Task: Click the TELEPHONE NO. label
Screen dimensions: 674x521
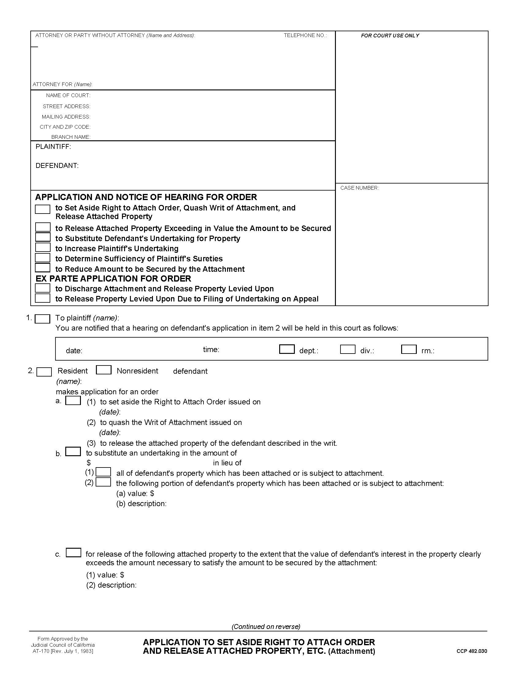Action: [x=305, y=36]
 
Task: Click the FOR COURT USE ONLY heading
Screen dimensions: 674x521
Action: [x=390, y=36]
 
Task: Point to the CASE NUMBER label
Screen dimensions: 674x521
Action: [x=359, y=188]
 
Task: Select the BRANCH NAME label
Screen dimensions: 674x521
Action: [x=71, y=137]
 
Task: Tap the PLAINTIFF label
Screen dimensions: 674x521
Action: [x=53, y=146]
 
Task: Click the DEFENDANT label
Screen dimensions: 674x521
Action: [x=57, y=166]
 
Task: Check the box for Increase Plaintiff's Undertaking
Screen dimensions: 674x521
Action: [x=43, y=248]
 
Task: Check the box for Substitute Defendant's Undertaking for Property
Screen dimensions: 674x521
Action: [x=43, y=237]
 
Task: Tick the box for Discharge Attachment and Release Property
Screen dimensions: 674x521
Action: [x=43, y=288]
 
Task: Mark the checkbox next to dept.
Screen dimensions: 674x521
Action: [x=287, y=349]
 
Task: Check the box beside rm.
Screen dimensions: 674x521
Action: [x=409, y=349]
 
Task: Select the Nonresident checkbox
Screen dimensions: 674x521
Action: [x=103, y=370]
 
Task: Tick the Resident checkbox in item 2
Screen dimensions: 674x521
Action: [x=44, y=372]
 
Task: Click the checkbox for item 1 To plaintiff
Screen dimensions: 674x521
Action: [x=43, y=319]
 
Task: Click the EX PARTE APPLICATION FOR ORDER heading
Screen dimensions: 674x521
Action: [x=113, y=279]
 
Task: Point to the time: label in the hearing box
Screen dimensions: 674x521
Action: [x=211, y=350]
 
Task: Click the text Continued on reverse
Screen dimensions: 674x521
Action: [x=266, y=627]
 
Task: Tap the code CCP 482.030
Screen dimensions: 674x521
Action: [x=472, y=651]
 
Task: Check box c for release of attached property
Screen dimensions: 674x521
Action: [x=74, y=552]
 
